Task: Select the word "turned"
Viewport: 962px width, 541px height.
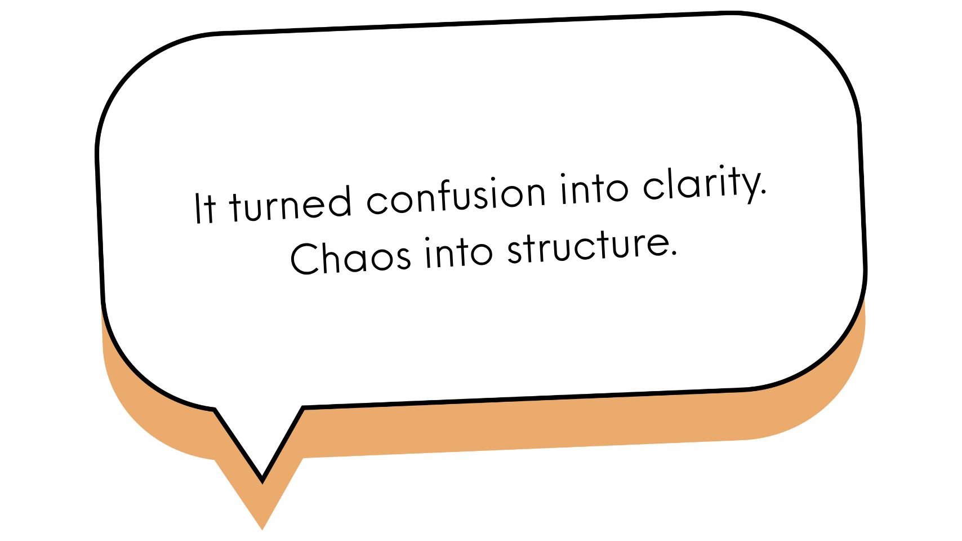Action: [290, 203]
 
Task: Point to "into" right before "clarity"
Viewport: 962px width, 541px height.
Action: [594, 188]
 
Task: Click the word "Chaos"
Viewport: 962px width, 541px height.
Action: [350, 258]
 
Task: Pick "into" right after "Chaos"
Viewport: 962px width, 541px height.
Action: [458, 252]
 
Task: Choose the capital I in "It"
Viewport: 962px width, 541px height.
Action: [197, 208]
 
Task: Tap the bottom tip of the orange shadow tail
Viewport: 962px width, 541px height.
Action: [261, 522]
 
